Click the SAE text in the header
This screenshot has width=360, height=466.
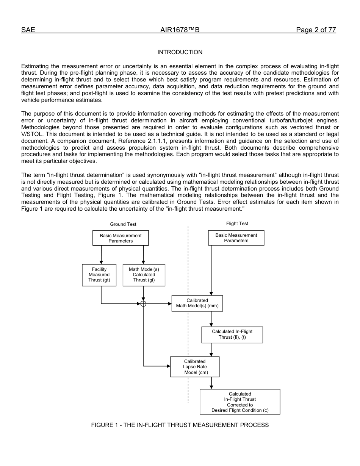pyautogui.click(x=28, y=30)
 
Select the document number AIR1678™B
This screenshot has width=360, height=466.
pyautogui.click(x=180, y=30)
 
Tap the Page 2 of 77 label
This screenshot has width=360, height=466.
pyautogui.click(x=316, y=30)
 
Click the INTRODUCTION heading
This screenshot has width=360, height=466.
pyautogui.click(x=180, y=52)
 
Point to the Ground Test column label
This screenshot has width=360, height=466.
pyautogui.click(x=123, y=224)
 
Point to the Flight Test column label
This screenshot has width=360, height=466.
pyautogui.click(x=237, y=224)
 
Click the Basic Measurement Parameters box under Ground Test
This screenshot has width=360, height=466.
pyautogui.click(x=121, y=238)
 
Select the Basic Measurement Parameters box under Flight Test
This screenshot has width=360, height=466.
pyautogui.click(x=236, y=238)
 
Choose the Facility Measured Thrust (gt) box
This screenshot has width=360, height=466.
pyautogui.click(x=99, y=275)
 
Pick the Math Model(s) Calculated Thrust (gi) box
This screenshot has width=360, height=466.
pyautogui.click(x=144, y=275)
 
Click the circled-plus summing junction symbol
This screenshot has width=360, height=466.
pyautogui.click(x=143, y=303)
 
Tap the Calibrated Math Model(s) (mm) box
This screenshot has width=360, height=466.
pyautogui.click(x=197, y=303)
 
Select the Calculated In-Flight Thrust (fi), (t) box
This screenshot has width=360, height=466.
pyautogui.click(x=232, y=335)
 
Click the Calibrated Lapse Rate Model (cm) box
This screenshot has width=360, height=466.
pyautogui.click(x=195, y=367)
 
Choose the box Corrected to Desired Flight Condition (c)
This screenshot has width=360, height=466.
pyautogui.click(x=240, y=402)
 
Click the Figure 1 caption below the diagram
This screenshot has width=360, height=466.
pyautogui.click(x=180, y=425)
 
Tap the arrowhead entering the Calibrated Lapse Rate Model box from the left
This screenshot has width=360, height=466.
pyautogui.click(x=169, y=366)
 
